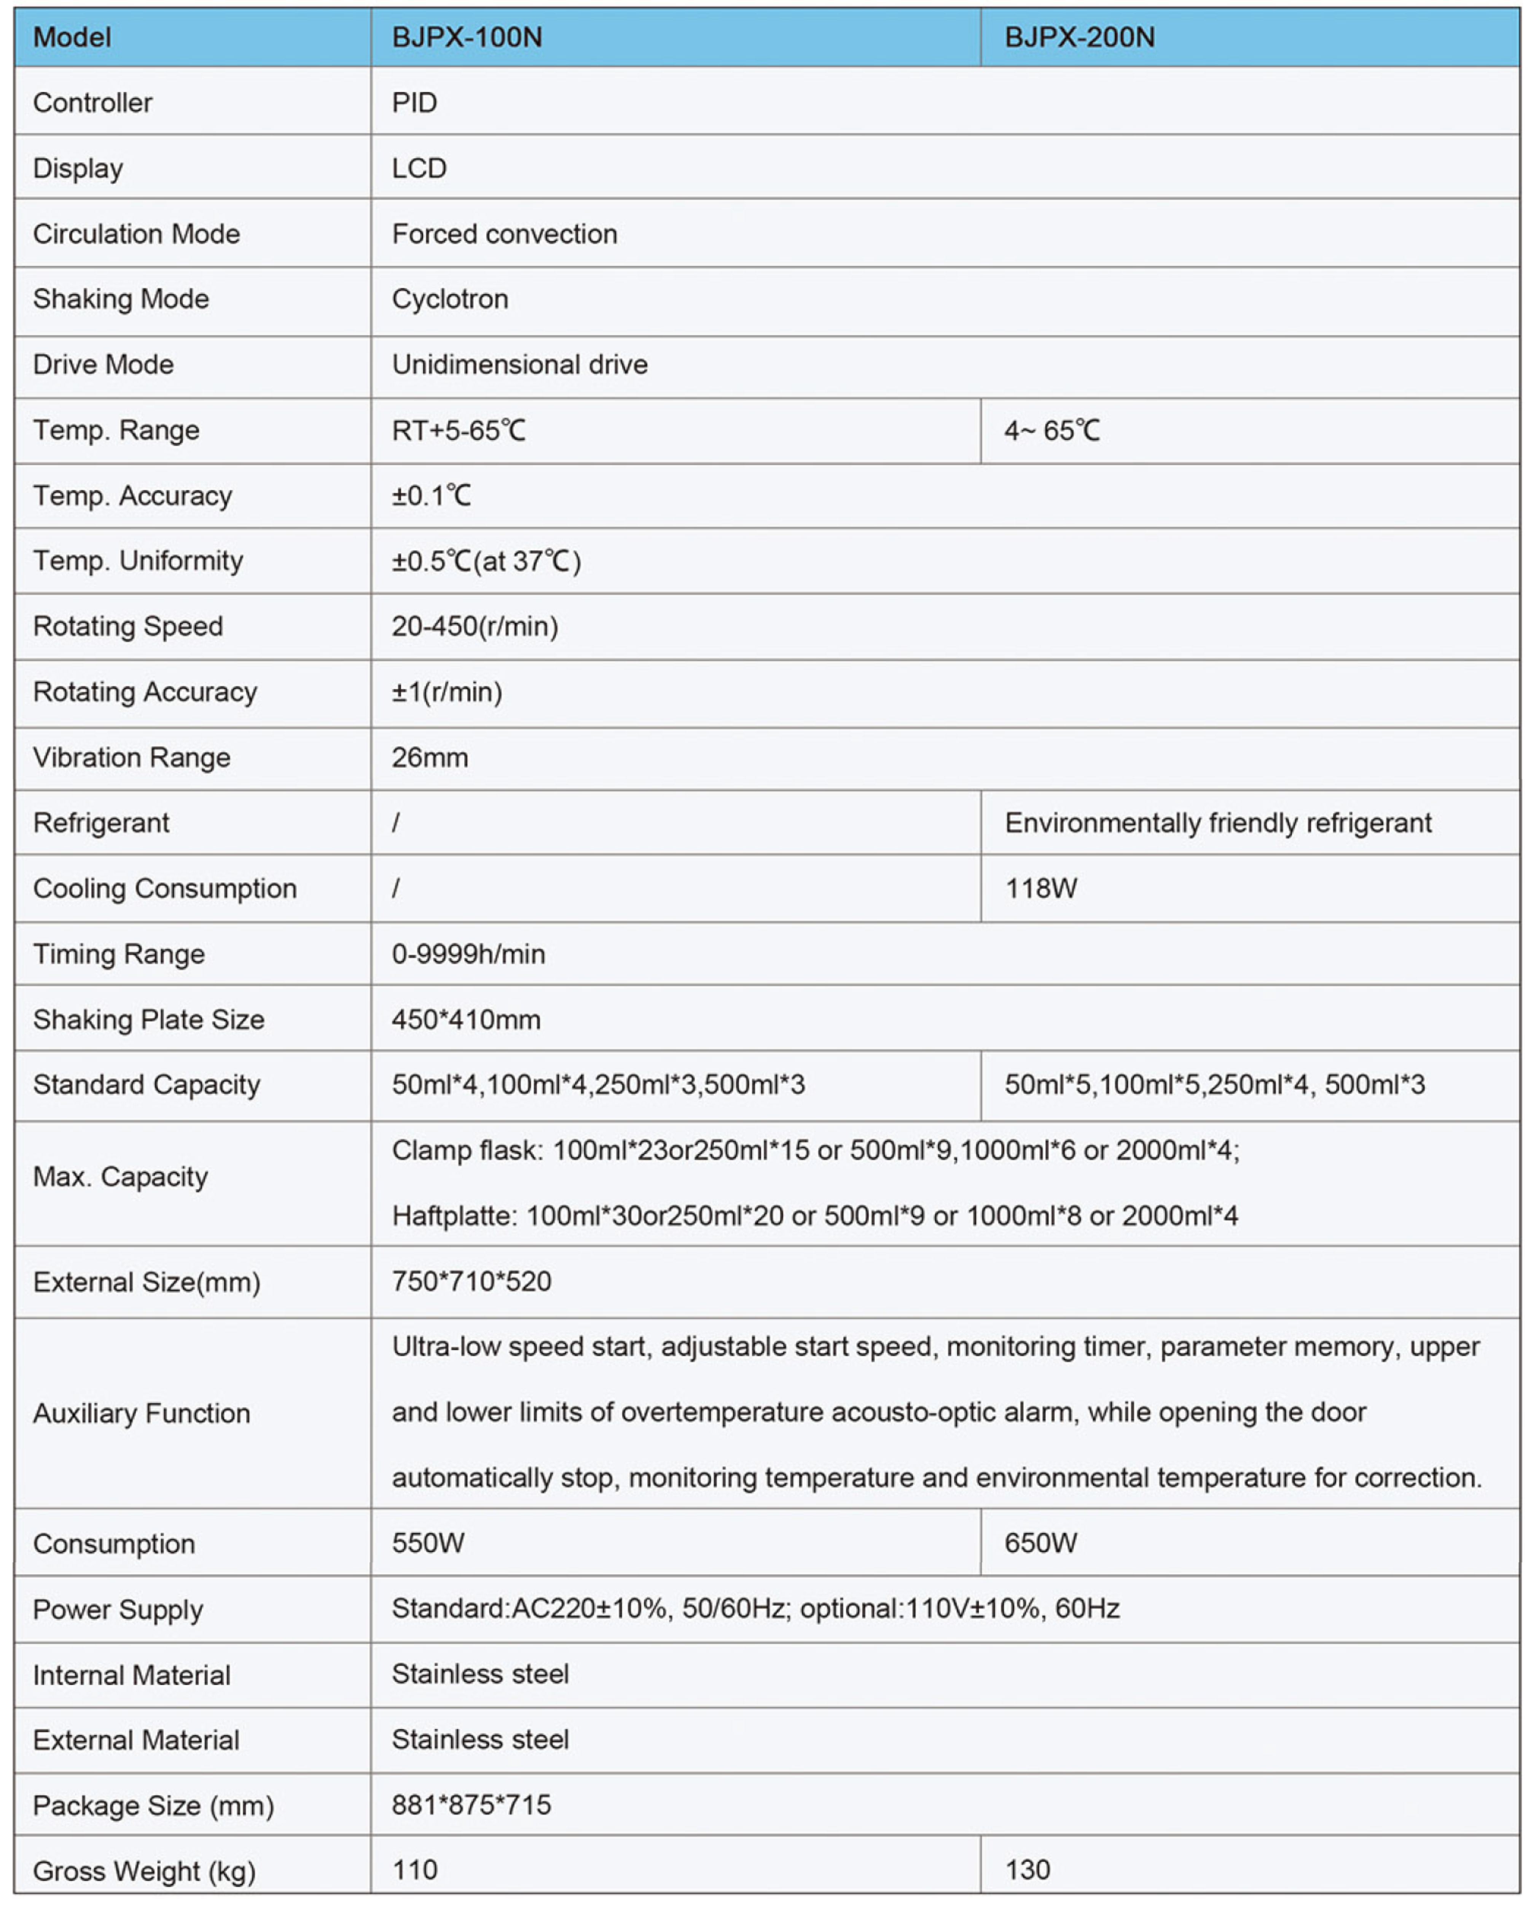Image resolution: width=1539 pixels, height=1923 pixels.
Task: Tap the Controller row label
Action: (x=93, y=103)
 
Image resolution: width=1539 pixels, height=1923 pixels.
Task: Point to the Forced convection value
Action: (x=504, y=234)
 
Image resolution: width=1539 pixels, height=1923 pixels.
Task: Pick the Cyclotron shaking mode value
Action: (x=450, y=299)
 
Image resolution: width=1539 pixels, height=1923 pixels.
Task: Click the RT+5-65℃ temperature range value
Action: (x=459, y=431)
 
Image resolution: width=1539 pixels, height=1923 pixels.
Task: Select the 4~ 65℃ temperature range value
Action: (x=1052, y=431)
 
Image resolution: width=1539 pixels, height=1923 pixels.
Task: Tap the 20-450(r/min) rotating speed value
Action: (x=475, y=626)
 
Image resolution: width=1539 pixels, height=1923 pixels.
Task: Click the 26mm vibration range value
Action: (x=429, y=757)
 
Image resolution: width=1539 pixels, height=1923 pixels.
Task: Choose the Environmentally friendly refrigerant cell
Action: (x=1218, y=822)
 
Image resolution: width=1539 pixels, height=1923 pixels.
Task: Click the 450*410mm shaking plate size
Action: (x=466, y=1020)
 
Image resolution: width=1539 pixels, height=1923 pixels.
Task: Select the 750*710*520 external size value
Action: (x=471, y=1282)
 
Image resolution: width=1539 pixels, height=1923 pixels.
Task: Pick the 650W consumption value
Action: (x=1040, y=1543)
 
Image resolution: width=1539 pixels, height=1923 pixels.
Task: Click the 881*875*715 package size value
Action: (x=471, y=1805)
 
